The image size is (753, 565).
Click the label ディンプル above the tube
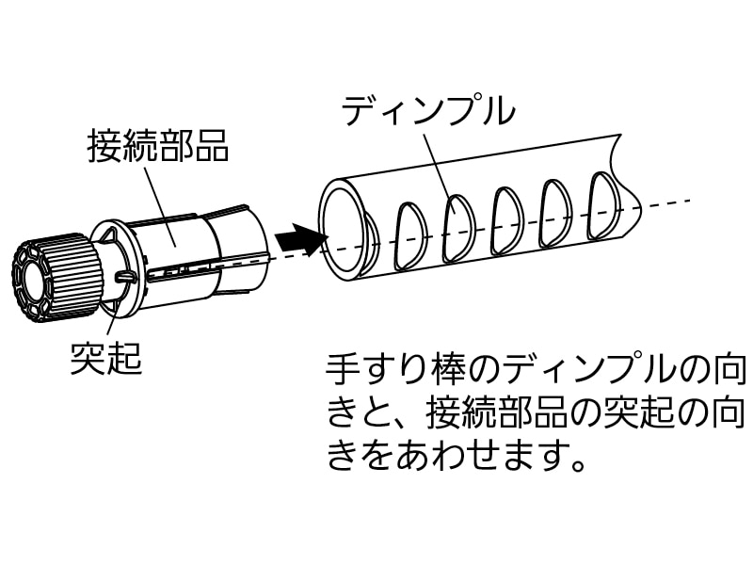428,111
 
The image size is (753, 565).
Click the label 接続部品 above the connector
158,146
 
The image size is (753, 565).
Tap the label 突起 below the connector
106,358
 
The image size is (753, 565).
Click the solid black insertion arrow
298,239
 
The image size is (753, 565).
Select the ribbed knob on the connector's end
56,279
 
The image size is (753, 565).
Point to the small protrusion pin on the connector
125,276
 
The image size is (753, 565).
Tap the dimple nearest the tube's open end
410,234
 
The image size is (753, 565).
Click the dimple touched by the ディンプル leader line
458,228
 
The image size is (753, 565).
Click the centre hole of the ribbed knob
35,284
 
